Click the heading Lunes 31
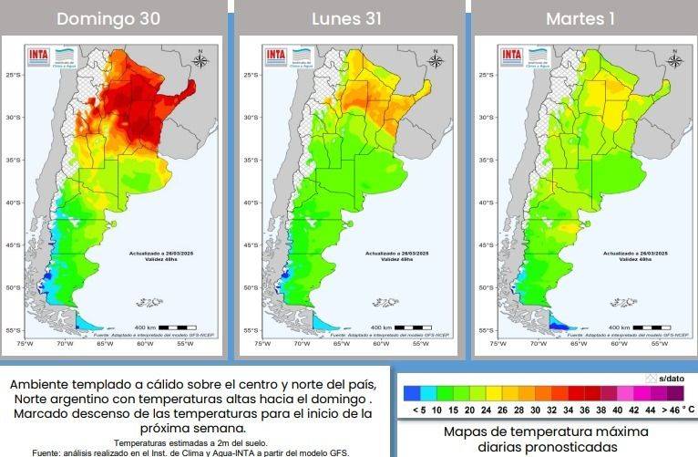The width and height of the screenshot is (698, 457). pos(347,18)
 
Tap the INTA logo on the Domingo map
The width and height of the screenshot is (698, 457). pos(37,54)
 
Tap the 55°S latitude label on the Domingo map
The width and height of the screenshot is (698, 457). pos(13,330)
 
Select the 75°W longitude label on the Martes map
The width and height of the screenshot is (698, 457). pos(498,344)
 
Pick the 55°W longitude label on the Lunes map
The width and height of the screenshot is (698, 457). pos(421,344)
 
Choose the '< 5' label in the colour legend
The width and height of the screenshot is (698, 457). pos(418,410)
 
